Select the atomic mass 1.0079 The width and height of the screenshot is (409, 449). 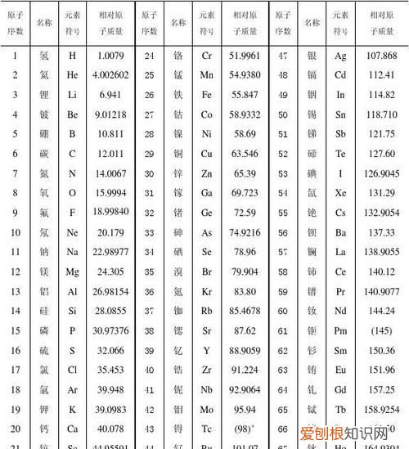click(x=110, y=56)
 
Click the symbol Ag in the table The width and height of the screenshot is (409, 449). click(x=341, y=56)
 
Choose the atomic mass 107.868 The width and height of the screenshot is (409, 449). click(x=380, y=56)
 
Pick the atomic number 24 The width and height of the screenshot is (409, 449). click(x=150, y=56)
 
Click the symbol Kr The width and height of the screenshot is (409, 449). click(x=207, y=290)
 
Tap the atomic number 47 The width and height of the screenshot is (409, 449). click(x=283, y=56)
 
